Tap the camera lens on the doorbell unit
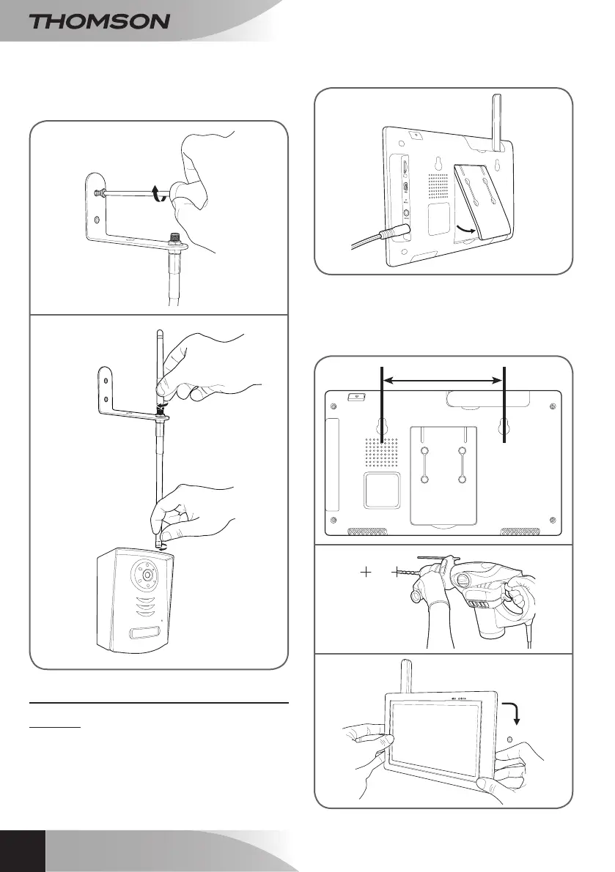147,575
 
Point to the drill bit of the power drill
411,573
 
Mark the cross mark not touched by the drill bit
365,572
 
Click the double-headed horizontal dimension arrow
443,379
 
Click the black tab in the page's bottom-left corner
22,851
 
